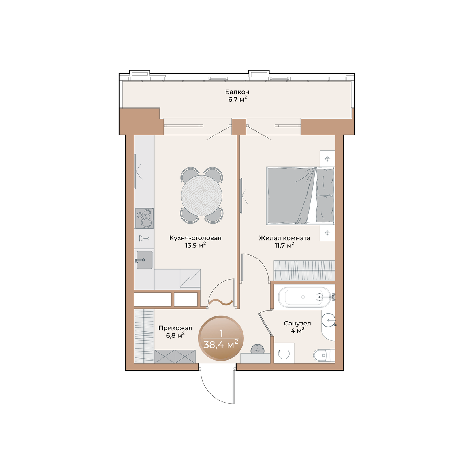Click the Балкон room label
pyautogui.click(x=237, y=92)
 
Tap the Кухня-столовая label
pyautogui.click(x=195, y=238)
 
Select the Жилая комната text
pyautogui.click(x=284, y=238)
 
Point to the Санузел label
pyautogui.click(x=297, y=324)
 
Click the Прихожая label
pyautogui.click(x=175, y=328)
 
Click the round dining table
pyautogui.click(x=201, y=196)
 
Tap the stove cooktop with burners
pyautogui.click(x=145, y=218)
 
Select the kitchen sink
pyautogui.click(x=145, y=260)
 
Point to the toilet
pyautogui.click(x=324, y=355)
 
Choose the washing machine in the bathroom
pyautogui.click(x=284, y=353)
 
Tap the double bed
pyautogui.click(x=300, y=196)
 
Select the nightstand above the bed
pyautogui.click(x=327, y=159)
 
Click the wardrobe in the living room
pyautogui.click(x=304, y=270)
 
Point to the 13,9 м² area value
pyautogui.click(x=195, y=245)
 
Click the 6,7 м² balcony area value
pyautogui.click(x=237, y=100)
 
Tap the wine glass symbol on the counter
pyautogui.click(x=144, y=238)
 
